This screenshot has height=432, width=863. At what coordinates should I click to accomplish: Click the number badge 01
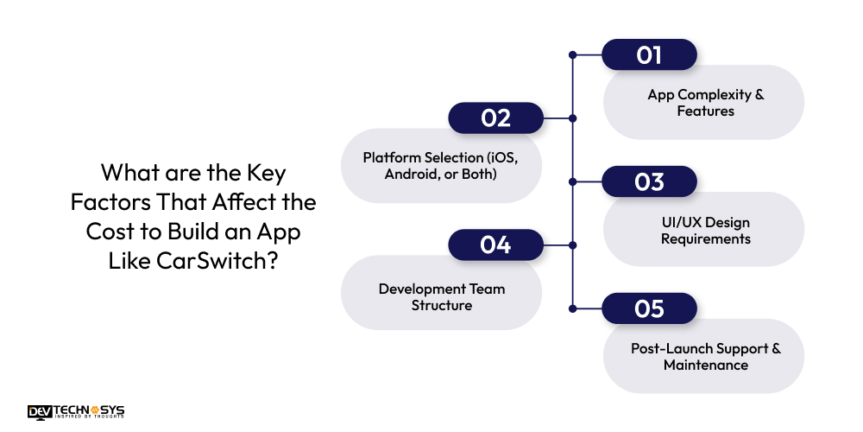tap(649, 55)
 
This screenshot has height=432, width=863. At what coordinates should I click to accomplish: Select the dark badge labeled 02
tap(495, 118)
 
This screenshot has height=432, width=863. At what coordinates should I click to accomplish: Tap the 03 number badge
tap(649, 182)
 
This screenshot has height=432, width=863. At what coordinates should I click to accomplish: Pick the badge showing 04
tap(495, 245)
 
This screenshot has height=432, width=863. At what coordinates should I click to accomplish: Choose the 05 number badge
tap(649, 308)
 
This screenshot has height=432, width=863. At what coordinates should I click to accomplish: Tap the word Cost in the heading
tap(110, 232)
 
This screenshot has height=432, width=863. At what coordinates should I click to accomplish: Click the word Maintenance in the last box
tap(705, 365)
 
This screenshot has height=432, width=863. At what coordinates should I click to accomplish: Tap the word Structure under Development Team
tap(441, 305)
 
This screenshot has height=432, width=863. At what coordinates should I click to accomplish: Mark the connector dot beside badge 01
tap(572, 55)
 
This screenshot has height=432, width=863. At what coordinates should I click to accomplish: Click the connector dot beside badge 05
tap(572, 308)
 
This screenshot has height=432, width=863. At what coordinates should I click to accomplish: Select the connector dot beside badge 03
tap(572, 182)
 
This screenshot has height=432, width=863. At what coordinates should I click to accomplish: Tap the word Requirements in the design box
tap(705, 238)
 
